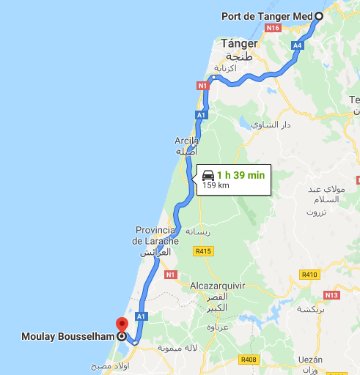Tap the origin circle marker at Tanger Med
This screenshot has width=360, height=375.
320,16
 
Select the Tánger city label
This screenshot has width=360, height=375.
239,43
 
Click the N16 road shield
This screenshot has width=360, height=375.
273,28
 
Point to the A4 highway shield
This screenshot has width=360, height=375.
297,45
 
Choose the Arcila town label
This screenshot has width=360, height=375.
187,139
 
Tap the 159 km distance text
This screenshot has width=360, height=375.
216,185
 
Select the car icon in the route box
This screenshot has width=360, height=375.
208,175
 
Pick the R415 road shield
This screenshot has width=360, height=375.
202,250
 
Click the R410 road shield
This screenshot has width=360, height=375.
310,275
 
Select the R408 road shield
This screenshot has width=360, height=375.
249,360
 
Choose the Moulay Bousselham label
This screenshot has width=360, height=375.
67,338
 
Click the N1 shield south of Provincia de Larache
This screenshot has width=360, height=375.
171,275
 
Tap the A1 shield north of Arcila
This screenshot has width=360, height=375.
201,115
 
